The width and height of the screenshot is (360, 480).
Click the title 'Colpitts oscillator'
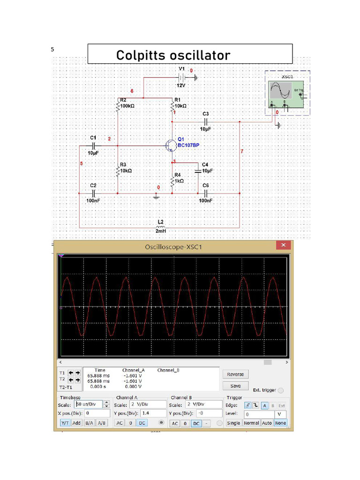pyautogui.click(x=173, y=55)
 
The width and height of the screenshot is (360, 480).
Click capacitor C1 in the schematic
pyautogui.click(x=93, y=146)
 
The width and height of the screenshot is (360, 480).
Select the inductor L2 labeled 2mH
pyautogui.click(x=160, y=227)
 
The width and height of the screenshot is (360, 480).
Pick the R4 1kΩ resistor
pyautogui.click(x=173, y=182)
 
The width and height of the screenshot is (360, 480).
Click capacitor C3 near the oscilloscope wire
pyautogui.click(x=205, y=122)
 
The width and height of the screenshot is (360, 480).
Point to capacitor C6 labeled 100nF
pyautogui.click(x=205, y=193)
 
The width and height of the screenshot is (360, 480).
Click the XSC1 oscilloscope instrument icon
pyautogui.click(x=286, y=93)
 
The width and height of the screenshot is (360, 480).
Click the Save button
pyautogui.click(x=235, y=386)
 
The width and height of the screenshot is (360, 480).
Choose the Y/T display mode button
pyautogui.click(x=65, y=423)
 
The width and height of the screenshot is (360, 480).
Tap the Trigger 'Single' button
pyautogui.click(x=233, y=423)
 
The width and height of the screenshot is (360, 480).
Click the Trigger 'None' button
pyautogui.click(x=281, y=423)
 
